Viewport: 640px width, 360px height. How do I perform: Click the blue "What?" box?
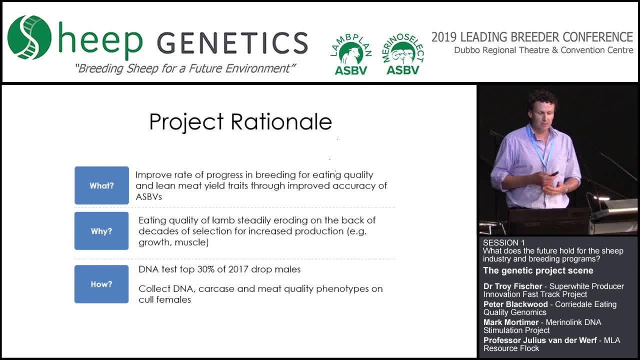101,185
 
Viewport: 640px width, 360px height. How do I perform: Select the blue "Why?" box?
101,231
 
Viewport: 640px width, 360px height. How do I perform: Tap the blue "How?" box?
101,284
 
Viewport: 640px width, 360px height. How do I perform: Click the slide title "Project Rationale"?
240,122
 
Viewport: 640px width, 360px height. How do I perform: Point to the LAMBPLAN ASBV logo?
351,54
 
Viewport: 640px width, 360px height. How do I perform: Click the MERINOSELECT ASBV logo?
403,54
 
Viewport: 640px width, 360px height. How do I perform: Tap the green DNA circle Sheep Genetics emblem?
29,37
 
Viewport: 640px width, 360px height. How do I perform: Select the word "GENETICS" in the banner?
232,43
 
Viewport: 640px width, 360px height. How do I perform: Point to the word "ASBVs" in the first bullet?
148,196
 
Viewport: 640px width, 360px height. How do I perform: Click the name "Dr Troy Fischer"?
513,286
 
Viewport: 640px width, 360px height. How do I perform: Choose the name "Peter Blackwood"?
515,304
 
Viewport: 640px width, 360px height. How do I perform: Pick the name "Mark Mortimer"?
511,322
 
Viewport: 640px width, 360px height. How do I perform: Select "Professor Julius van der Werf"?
540,340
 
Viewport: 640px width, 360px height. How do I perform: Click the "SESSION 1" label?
503,242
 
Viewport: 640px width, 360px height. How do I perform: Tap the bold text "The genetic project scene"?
538,270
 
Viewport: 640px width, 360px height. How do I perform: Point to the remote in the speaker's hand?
554,173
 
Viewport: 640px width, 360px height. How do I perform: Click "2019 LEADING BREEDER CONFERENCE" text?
532,37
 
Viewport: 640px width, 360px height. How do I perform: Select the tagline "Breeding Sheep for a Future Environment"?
185,68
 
